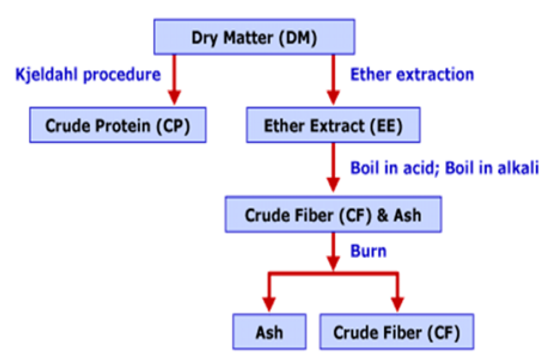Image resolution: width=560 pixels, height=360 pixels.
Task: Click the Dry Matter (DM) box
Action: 254,38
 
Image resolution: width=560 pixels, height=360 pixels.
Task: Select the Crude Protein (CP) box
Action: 118,126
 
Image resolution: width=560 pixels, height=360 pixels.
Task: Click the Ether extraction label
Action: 411,73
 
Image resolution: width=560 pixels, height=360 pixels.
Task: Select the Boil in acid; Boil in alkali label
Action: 444,167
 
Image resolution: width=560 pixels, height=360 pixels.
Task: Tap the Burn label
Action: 368,251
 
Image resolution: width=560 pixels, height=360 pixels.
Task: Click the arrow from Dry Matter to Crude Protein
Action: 174,79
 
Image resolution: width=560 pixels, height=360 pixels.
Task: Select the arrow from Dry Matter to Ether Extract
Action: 333,79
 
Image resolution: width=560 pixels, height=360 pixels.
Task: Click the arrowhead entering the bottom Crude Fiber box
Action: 397,303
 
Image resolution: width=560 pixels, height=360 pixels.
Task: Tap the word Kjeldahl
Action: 46,73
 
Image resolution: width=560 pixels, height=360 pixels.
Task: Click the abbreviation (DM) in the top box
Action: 298,38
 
